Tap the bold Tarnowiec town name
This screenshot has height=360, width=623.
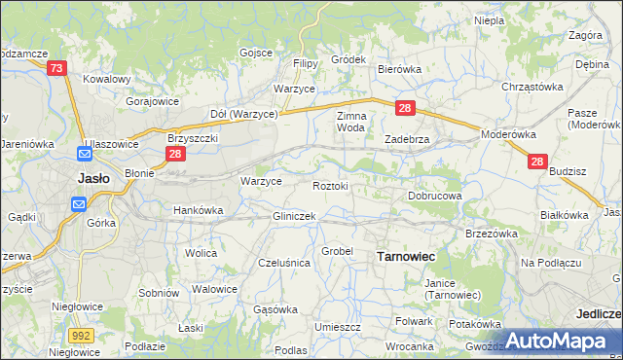click(405, 255)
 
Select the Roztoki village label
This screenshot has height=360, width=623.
click(330, 185)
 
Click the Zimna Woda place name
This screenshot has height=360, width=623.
click(350, 122)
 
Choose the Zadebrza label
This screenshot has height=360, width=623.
click(407, 139)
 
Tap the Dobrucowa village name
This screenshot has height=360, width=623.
click(434, 196)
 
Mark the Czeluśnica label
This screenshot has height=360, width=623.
click(283, 263)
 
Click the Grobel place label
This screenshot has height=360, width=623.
click(337, 250)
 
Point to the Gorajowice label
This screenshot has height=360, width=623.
click(150, 99)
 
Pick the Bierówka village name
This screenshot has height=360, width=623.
click(398, 69)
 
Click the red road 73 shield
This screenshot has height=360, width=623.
click(56, 67)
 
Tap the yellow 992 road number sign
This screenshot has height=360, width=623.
click(82, 334)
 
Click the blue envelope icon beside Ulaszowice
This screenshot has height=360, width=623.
click(85, 154)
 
